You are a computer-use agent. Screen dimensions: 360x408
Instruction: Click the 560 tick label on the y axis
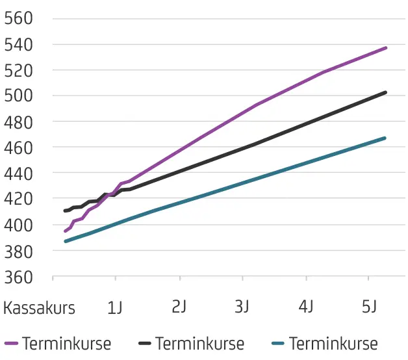[18, 18]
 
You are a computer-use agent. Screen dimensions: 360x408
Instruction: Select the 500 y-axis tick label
[18, 96]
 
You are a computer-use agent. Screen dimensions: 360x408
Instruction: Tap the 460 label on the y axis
[18, 148]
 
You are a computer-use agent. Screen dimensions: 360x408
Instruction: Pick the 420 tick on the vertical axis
[18, 199]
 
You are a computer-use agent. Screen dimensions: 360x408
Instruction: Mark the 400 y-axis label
[18, 225]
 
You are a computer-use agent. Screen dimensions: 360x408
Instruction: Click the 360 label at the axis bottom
[18, 276]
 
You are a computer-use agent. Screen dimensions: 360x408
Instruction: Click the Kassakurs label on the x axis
[39, 308]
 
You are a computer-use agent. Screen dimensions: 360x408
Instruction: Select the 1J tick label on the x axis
[115, 308]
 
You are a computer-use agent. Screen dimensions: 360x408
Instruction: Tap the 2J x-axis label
[179, 308]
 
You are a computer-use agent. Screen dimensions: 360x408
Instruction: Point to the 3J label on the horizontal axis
[242, 308]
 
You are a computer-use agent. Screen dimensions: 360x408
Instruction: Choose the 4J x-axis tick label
[305, 308]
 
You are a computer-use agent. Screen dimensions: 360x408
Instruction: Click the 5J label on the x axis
[369, 308]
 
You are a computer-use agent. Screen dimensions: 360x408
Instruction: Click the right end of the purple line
[386, 47]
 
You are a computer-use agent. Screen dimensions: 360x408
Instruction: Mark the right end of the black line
[386, 92]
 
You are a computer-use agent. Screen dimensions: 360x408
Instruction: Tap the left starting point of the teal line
[65, 241]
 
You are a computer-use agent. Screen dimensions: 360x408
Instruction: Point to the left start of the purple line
[65, 231]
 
